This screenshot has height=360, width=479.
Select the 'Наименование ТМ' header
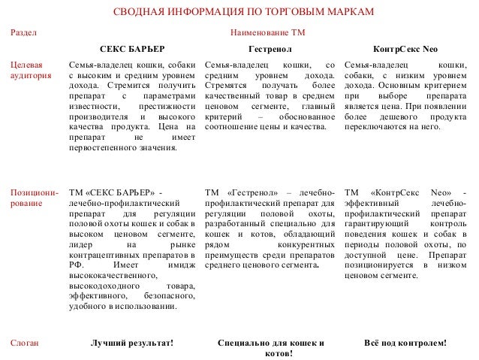point(268,34)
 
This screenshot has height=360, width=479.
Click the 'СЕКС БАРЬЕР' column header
point(133,50)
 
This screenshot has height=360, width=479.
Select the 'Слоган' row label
point(23,343)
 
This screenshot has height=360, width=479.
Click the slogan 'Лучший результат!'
point(131,343)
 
